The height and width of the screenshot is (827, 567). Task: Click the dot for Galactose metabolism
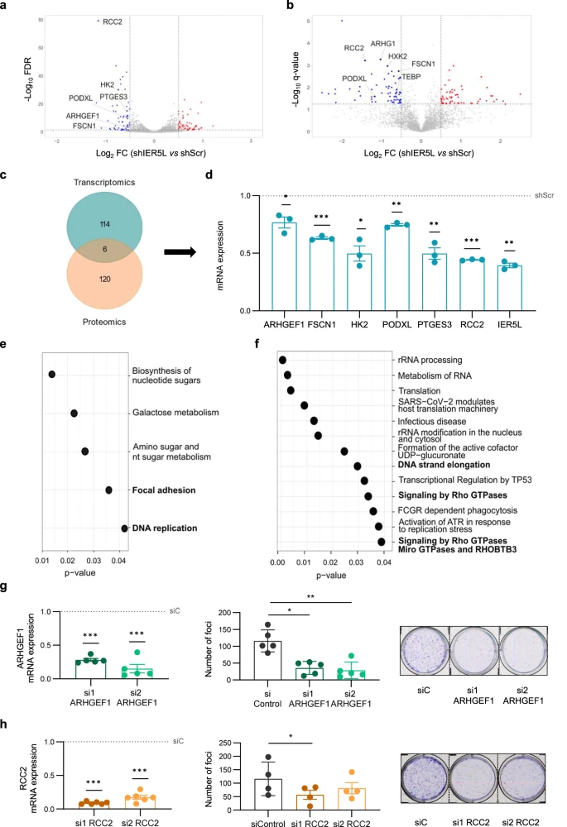tap(74, 413)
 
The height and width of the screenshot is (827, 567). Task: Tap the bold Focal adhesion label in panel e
tap(162, 490)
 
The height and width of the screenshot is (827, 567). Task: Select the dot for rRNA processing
tap(282, 360)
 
